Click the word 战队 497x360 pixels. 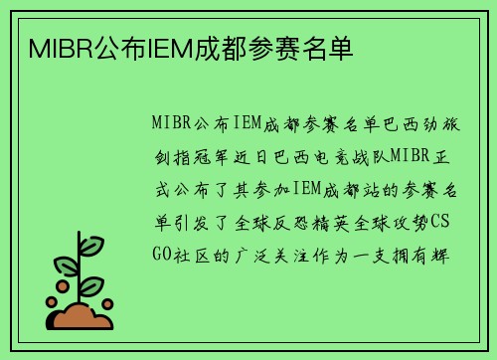(370, 156)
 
